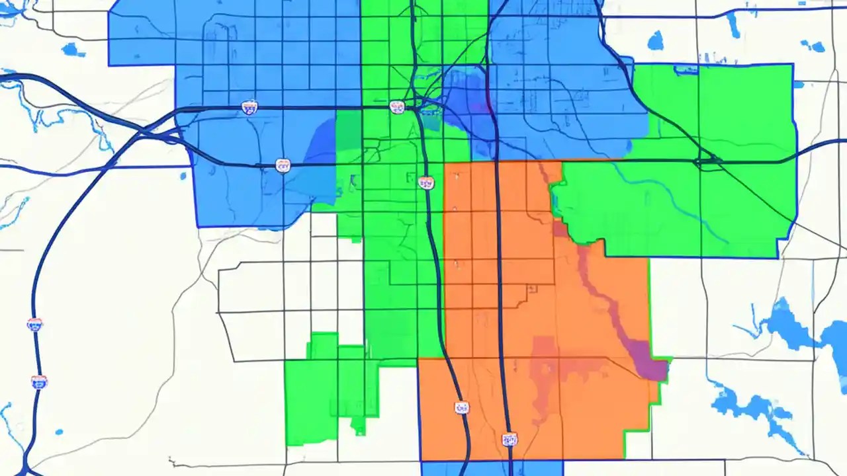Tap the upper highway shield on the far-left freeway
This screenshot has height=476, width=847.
click(x=34, y=324)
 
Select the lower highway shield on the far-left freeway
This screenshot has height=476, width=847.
click(x=39, y=381)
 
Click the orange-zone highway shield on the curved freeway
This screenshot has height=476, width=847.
click(x=462, y=407)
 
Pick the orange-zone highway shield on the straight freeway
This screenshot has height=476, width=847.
click(x=509, y=439)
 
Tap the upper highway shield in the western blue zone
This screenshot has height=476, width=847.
click(x=249, y=107)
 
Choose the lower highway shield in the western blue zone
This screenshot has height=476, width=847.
click(x=283, y=165)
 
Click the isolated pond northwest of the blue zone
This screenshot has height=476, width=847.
click(x=72, y=50)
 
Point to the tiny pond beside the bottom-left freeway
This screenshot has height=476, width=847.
click(x=59, y=432)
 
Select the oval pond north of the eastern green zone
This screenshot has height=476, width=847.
click(x=655, y=41)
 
